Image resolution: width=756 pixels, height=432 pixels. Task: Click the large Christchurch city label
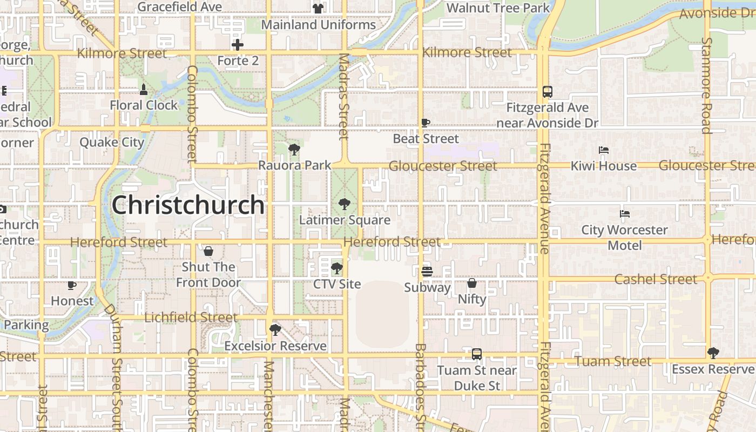188,205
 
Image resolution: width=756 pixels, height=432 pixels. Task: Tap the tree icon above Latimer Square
344,204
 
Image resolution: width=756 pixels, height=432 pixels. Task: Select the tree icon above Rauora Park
294,149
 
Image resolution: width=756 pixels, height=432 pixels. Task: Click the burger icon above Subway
427,272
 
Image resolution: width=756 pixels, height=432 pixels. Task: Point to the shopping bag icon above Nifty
472,283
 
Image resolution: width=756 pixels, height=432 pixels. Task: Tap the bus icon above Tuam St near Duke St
477,354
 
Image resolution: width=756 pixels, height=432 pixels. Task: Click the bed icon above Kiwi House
604,150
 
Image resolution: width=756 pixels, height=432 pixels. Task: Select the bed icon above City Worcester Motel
625,214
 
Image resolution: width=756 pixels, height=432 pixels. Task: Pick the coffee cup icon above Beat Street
426,123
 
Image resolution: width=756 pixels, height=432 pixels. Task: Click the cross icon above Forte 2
238,45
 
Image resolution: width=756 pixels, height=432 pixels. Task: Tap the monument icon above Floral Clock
144,89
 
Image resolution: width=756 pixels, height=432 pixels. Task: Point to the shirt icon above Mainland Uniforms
318,9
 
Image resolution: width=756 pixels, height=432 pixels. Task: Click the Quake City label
112,143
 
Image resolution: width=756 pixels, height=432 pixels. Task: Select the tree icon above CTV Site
336,268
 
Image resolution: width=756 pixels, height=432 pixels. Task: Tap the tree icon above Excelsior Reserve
275,329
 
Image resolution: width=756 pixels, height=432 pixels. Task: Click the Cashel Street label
656,279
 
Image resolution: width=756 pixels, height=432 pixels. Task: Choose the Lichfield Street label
191,318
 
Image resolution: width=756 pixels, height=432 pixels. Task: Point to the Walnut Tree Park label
498,8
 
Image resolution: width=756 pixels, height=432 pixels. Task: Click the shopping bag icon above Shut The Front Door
208,251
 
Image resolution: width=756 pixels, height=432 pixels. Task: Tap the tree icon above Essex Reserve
713,353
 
